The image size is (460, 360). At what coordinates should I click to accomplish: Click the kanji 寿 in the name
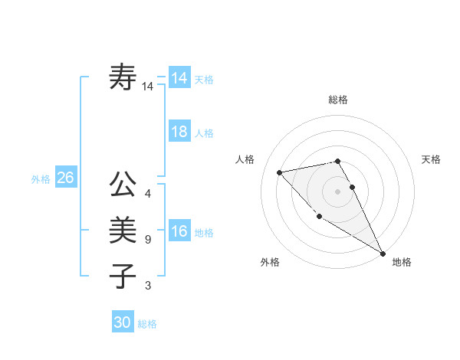pos(123,78)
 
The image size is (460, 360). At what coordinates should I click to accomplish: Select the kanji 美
pos(123,230)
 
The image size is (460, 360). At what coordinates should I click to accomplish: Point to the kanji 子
pos(123,275)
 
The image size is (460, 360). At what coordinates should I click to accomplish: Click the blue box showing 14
pos(179,78)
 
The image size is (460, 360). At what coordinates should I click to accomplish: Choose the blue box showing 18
pos(179,132)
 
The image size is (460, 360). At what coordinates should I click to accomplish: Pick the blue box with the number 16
pos(179,231)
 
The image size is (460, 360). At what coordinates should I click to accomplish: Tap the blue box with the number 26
pos(65,178)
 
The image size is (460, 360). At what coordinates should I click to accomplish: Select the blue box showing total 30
pos(123,322)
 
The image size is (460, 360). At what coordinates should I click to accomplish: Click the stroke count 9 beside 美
pos(148,240)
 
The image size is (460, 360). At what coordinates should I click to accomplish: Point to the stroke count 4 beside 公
pos(148,195)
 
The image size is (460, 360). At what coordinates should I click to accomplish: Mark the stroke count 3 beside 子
pos(148,286)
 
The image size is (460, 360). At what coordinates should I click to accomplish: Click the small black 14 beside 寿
pos(148,87)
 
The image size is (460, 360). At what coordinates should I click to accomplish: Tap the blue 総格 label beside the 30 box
pos(147,324)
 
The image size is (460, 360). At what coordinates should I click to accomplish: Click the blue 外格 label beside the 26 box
pos(41,179)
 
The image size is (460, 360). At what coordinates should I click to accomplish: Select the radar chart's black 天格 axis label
pos(432,159)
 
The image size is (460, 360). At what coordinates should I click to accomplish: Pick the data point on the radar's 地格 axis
pos(383,253)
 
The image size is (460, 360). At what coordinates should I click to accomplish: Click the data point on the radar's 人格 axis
pos(279,172)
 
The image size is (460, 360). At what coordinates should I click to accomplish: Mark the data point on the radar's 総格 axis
pos(337,161)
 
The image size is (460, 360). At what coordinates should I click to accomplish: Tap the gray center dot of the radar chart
pos(337,191)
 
